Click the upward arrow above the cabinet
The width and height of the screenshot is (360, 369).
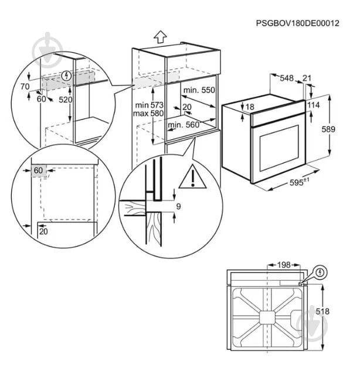[x=161, y=36]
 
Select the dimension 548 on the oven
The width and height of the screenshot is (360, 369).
[x=287, y=77]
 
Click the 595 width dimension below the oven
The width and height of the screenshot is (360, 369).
[x=300, y=183]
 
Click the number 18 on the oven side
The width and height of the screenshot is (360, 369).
[x=250, y=107]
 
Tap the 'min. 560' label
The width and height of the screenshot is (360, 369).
[x=184, y=125]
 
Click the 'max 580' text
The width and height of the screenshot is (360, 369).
[x=148, y=113]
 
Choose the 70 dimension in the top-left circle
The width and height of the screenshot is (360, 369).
[x=25, y=87]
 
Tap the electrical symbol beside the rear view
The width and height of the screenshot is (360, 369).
[x=320, y=271]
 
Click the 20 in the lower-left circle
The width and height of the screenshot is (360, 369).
[x=44, y=231]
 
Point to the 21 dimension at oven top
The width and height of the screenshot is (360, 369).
[x=307, y=77]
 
